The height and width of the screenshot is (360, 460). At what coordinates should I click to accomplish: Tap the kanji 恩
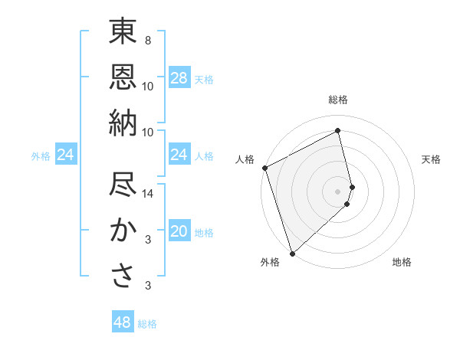(123, 77)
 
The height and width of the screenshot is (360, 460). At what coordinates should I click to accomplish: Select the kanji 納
(123, 122)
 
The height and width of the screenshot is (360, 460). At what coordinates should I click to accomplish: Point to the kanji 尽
(123, 186)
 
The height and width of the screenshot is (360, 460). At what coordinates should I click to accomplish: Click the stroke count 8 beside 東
(147, 41)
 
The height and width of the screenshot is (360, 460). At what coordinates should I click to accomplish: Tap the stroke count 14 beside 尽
(148, 194)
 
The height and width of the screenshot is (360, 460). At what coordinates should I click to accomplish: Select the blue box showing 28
(179, 78)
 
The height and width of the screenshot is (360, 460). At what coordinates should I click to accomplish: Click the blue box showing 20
(179, 231)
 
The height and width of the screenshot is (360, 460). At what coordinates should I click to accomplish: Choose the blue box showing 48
(123, 322)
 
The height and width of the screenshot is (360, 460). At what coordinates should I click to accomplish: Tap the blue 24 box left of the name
(65, 155)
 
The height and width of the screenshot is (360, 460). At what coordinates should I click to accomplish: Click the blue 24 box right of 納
(179, 155)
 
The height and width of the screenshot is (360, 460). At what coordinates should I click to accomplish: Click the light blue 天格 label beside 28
(204, 79)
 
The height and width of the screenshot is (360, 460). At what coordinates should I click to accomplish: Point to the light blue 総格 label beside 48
(147, 323)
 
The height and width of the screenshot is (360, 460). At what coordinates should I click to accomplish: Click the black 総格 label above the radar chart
(338, 100)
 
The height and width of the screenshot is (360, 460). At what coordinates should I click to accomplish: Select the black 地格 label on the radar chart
(402, 262)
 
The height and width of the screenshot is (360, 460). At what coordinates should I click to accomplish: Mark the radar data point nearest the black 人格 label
(264, 168)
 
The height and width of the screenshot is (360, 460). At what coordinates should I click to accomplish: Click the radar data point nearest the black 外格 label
(292, 253)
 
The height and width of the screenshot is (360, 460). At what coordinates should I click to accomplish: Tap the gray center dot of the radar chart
(338, 190)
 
